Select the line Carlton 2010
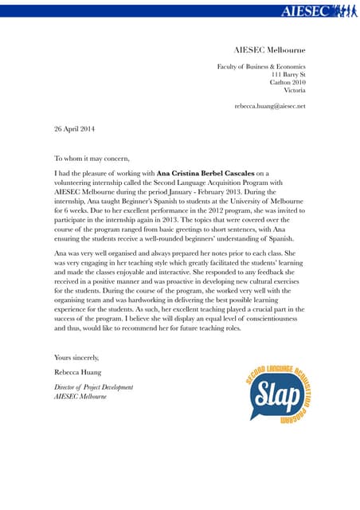click(288, 82)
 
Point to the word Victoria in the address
click(294, 90)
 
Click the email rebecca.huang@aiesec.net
click(269, 106)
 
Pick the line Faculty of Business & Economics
click(261, 66)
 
